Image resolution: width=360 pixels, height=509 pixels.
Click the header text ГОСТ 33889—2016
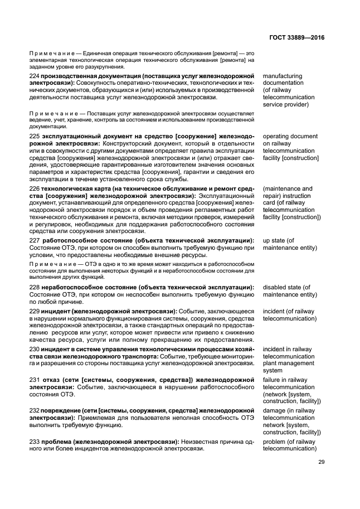point(299,37)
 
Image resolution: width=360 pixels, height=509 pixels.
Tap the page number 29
point(322,462)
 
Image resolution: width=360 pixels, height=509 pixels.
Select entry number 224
point(34,76)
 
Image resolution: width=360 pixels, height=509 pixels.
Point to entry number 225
point(34,137)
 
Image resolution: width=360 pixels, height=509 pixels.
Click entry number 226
point(34,189)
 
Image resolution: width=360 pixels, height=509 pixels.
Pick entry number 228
point(34,287)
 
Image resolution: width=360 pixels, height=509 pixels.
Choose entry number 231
point(34,380)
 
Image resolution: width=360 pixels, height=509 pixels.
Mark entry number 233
point(34,442)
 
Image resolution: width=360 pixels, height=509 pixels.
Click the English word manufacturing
point(283,76)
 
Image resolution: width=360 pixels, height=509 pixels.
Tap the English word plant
point(270,362)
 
